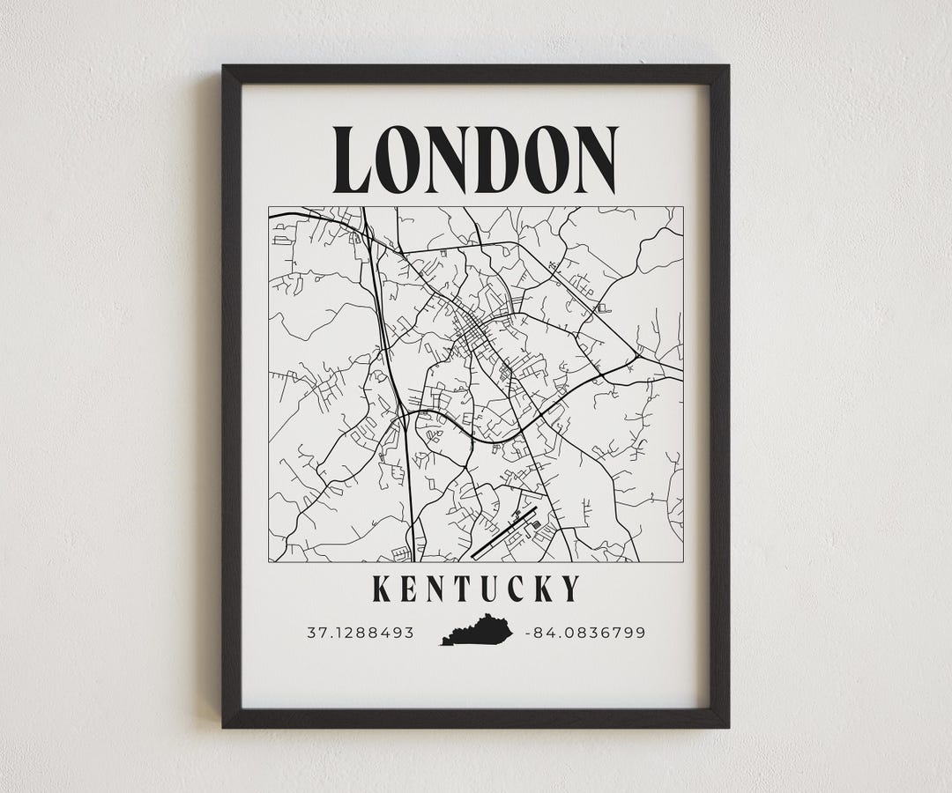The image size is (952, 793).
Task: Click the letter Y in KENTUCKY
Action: pyautogui.click(x=572, y=589)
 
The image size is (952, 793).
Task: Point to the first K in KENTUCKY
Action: pyautogui.click(x=382, y=589)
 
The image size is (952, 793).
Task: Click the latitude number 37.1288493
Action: pyautogui.click(x=361, y=633)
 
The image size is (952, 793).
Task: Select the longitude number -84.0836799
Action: pyautogui.click(x=585, y=633)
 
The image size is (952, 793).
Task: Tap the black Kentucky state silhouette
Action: pyautogui.click(x=477, y=631)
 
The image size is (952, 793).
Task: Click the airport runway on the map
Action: pyautogui.click(x=503, y=533)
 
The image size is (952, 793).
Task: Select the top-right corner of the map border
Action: pyautogui.click(x=683, y=207)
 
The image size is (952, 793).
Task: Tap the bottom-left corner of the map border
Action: pyautogui.click(x=269, y=561)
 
